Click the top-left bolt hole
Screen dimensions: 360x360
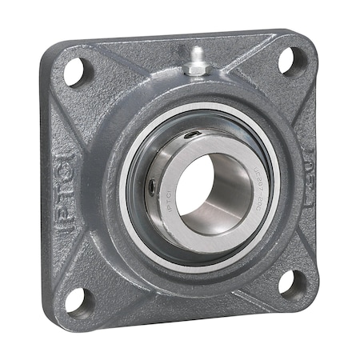(x=74, y=72)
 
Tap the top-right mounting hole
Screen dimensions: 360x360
(x=292, y=61)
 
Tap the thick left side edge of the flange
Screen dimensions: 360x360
(x=46, y=184)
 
